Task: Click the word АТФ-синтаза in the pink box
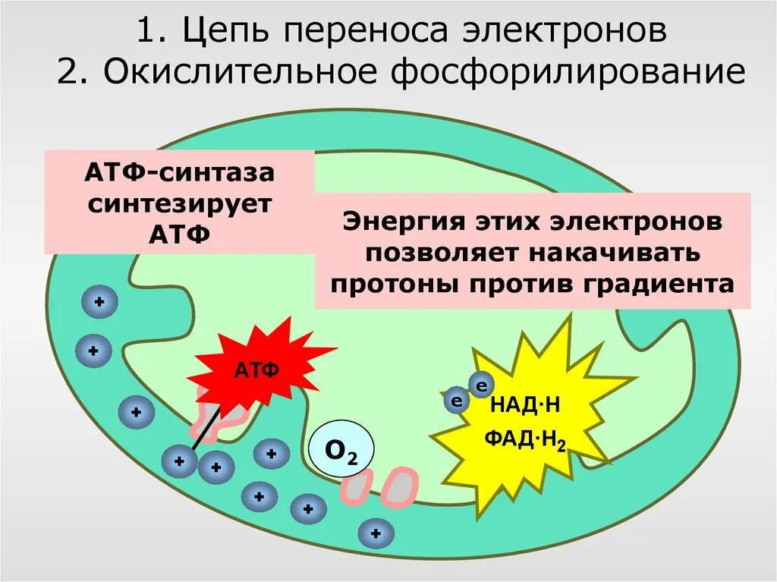179,174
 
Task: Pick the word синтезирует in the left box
179,203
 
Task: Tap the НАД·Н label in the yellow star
525,404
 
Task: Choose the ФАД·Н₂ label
527,439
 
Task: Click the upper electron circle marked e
480,385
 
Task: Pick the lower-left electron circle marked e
457,401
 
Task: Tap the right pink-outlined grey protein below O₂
399,487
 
